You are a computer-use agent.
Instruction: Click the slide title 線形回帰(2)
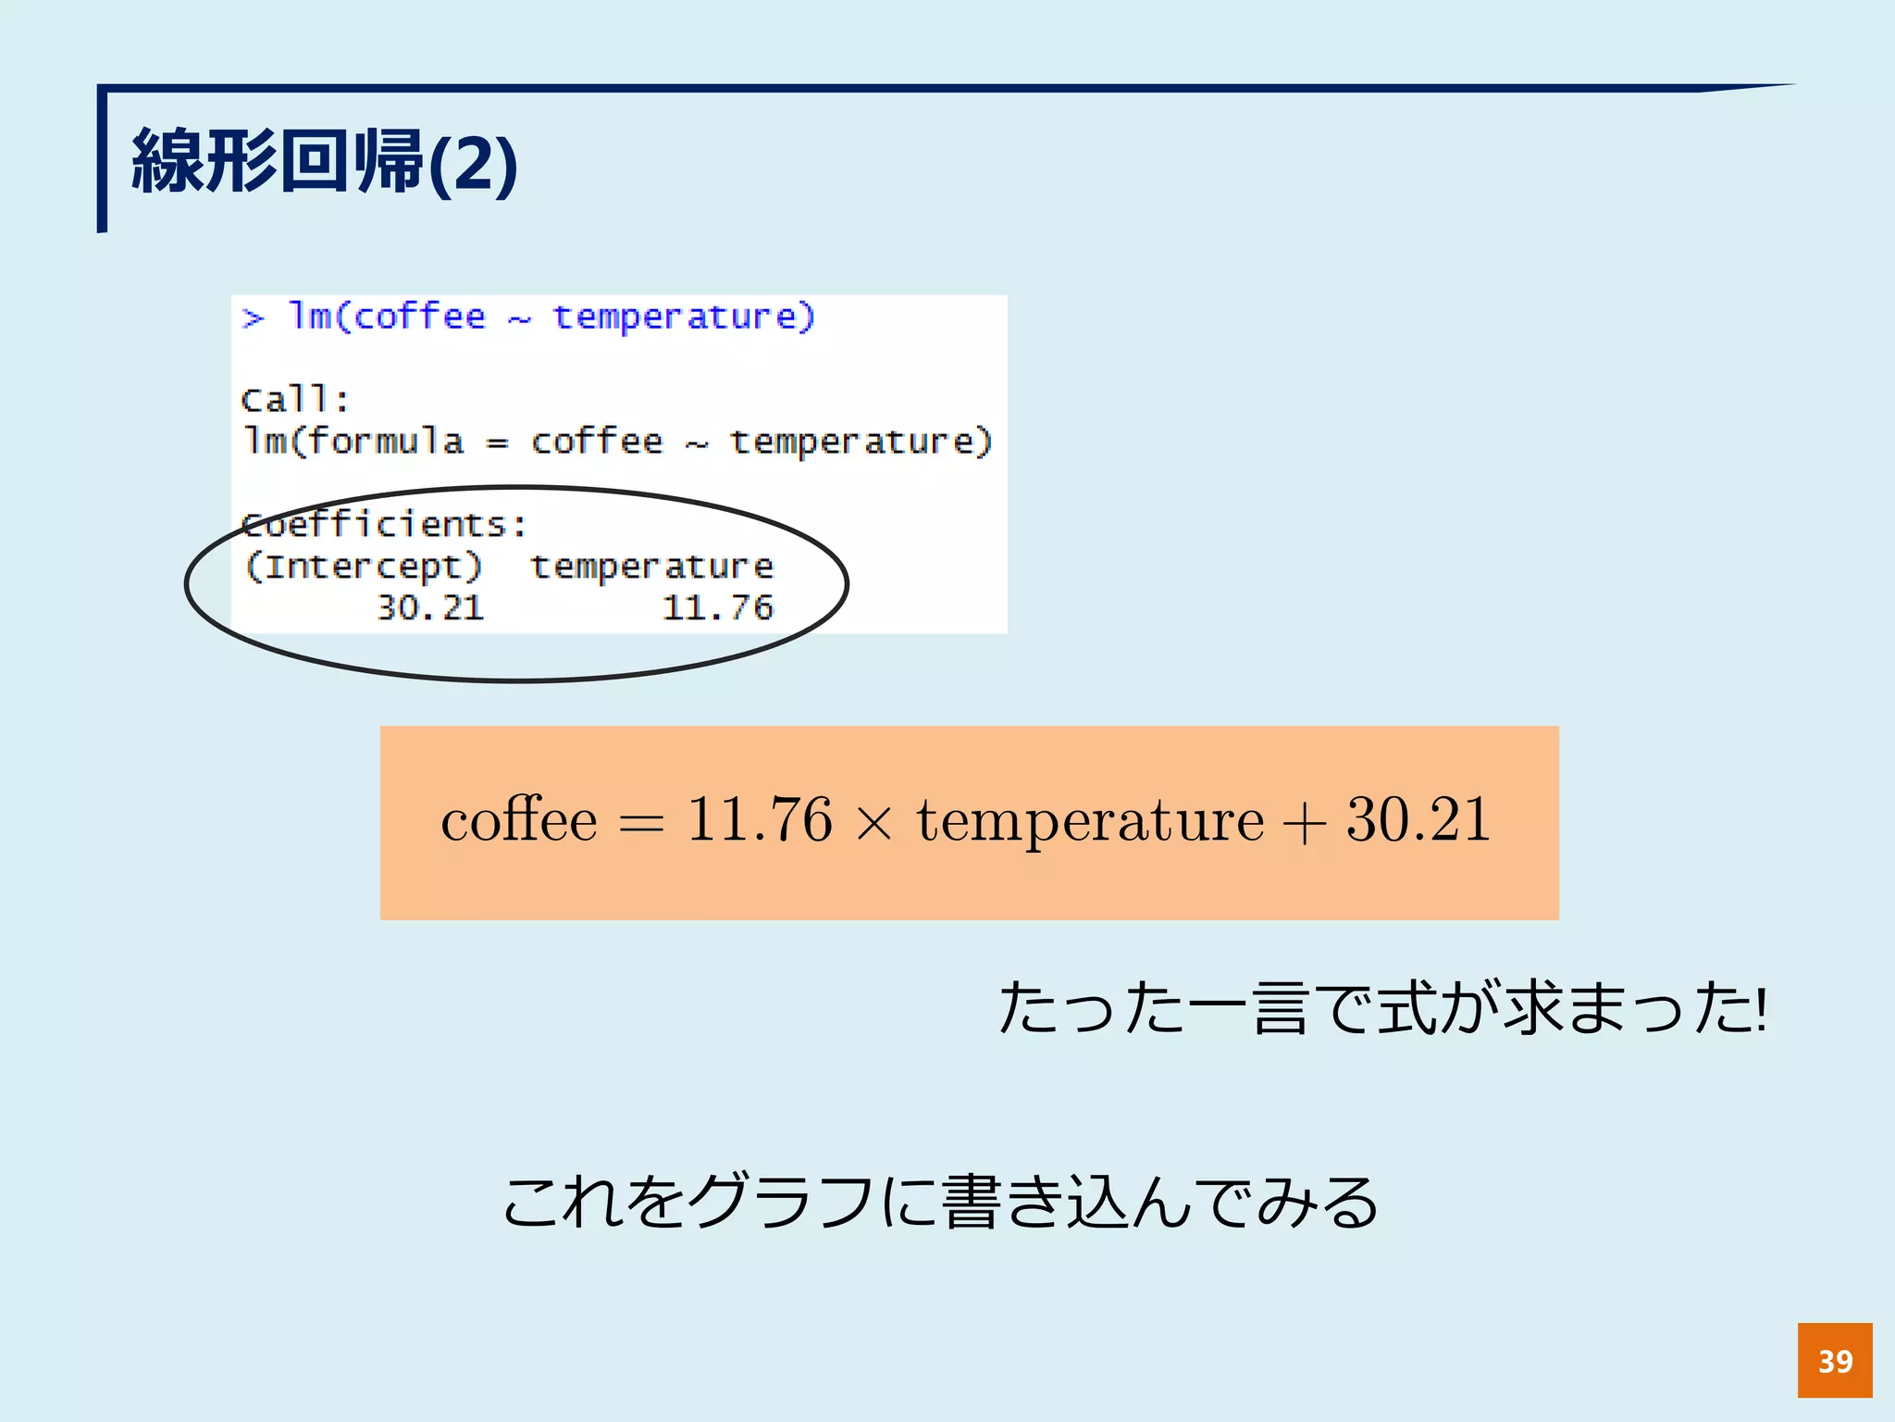(324, 163)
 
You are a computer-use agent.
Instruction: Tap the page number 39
(1835, 1361)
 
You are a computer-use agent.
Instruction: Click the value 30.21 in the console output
(430, 608)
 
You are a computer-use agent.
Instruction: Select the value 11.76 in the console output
(717, 608)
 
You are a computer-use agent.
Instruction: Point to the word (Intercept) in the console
(363, 567)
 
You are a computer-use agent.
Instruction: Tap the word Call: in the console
(294, 400)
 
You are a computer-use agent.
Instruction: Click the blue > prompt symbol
(253, 318)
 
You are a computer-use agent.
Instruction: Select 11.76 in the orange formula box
(759, 820)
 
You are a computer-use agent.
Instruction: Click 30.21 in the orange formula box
(1418, 820)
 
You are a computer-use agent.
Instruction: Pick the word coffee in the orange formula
(519, 820)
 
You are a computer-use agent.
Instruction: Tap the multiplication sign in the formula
(874, 823)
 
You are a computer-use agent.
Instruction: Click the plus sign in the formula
(1304, 823)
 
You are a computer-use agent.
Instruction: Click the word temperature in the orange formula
(1090, 822)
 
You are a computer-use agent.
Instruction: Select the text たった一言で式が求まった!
(1383, 1009)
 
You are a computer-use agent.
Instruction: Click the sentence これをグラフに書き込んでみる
(940, 1203)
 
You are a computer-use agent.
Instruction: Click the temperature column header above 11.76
(651, 567)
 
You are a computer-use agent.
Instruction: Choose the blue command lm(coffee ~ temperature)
(551, 318)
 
